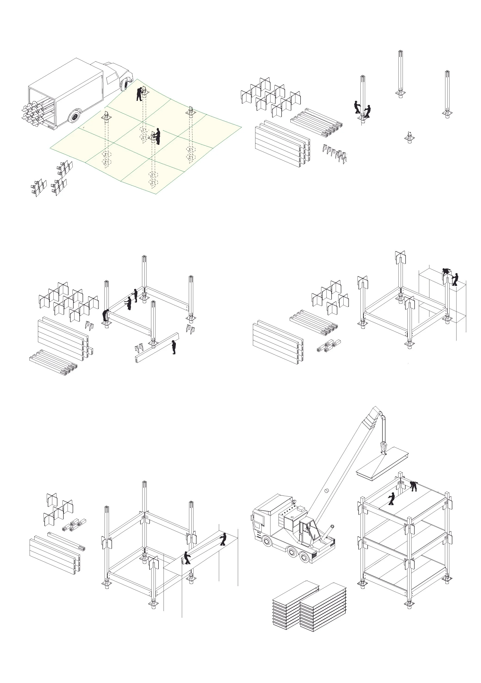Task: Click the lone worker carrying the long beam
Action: (x=174, y=347)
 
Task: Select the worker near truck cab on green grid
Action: (x=139, y=94)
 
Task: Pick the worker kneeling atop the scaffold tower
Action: (x=446, y=271)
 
